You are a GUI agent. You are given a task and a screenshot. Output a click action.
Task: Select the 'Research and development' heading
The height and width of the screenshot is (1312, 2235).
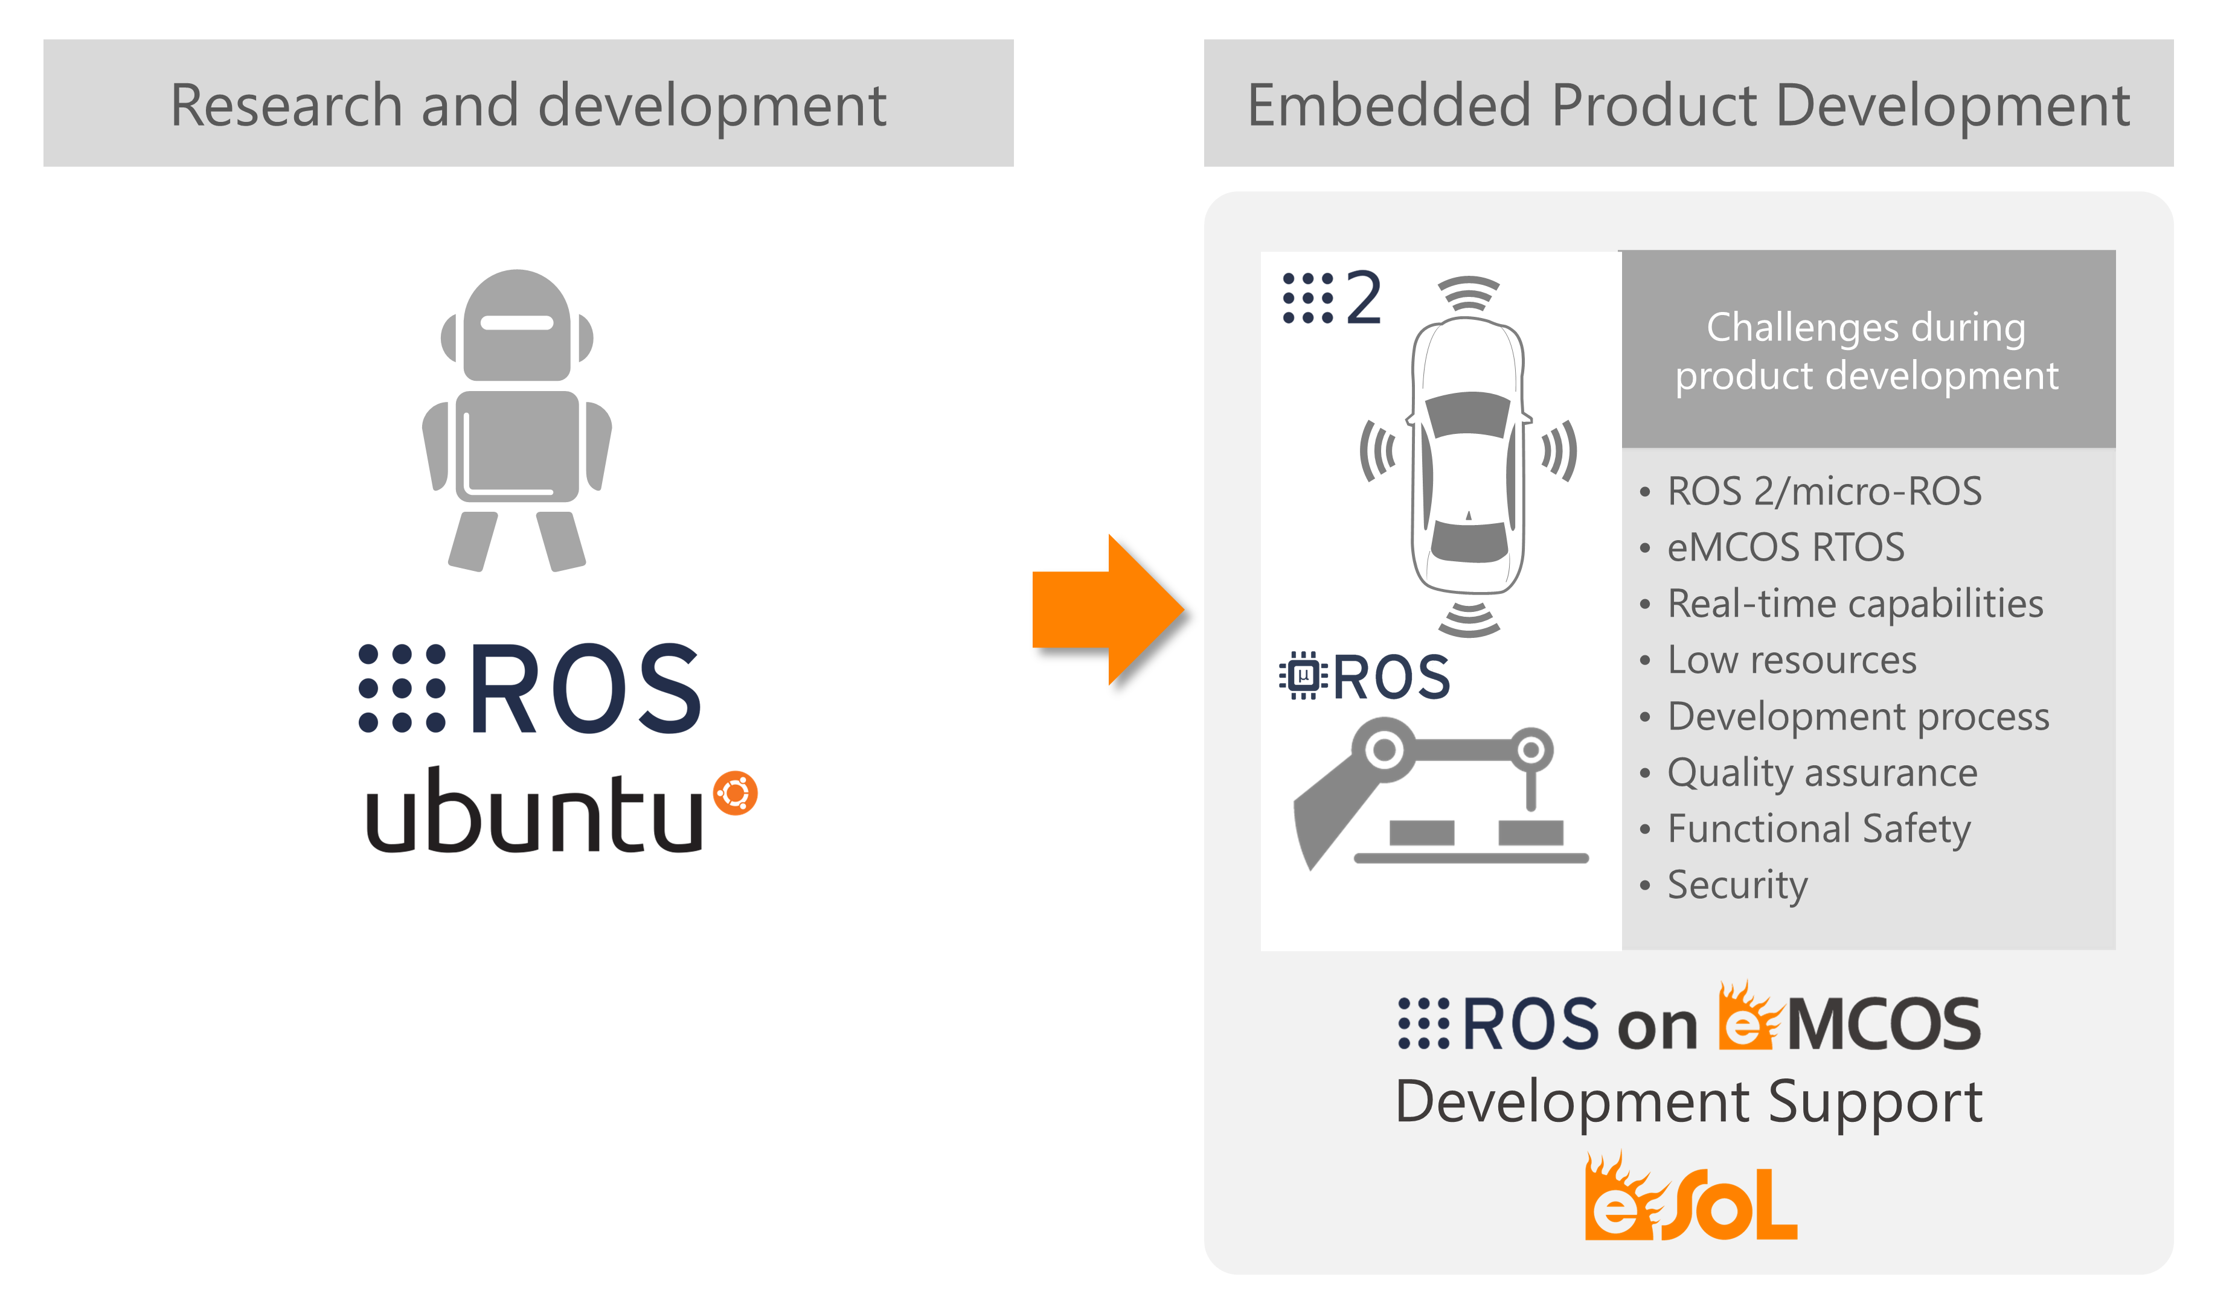[x=528, y=104]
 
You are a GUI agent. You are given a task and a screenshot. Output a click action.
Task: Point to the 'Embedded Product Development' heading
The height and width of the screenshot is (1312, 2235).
[x=1688, y=104]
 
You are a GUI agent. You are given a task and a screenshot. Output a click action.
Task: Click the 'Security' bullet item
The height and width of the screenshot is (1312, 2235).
[x=1737, y=885]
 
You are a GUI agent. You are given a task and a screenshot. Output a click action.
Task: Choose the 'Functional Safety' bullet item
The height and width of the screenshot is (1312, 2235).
[x=1818, y=829]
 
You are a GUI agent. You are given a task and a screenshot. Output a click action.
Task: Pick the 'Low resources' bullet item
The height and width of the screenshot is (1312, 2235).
[x=1792, y=660]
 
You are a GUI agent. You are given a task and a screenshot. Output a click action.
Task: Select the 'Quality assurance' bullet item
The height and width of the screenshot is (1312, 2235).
[x=1822, y=773]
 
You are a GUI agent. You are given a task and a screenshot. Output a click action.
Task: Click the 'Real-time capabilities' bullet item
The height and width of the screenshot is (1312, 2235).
[x=1855, y=603]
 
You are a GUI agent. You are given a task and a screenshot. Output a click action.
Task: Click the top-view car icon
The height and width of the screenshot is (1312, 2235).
[x=1468, y=456]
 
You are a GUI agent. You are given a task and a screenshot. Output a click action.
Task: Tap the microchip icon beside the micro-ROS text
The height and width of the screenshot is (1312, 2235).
[x=1303, y=677]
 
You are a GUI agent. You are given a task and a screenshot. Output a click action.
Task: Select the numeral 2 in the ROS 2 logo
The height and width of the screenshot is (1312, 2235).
[x=1363, y=299]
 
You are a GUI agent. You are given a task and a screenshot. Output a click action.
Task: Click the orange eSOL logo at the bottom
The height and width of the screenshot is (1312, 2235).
[x=1690, y=1199]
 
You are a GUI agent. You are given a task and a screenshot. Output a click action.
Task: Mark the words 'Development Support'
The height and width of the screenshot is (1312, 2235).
[x=1688, y=1102]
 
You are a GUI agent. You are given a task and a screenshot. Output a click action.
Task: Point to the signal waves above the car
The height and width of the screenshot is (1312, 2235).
[x=1468, y=293]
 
